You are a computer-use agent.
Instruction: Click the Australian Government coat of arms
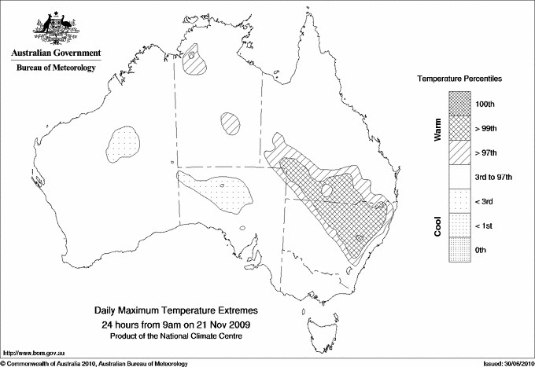click(x=54, y=26)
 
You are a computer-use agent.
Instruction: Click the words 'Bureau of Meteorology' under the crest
click(x=55, y=68)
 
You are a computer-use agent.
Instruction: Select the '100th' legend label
click(x=485, y=104)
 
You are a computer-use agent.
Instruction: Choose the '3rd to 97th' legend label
click(x=493, y=177)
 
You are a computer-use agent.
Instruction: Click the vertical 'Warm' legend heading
click(x=438, y=129)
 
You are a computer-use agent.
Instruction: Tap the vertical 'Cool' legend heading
click(x=438, y=226)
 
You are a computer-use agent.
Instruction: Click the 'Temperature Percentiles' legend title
click(x=460, y=79)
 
